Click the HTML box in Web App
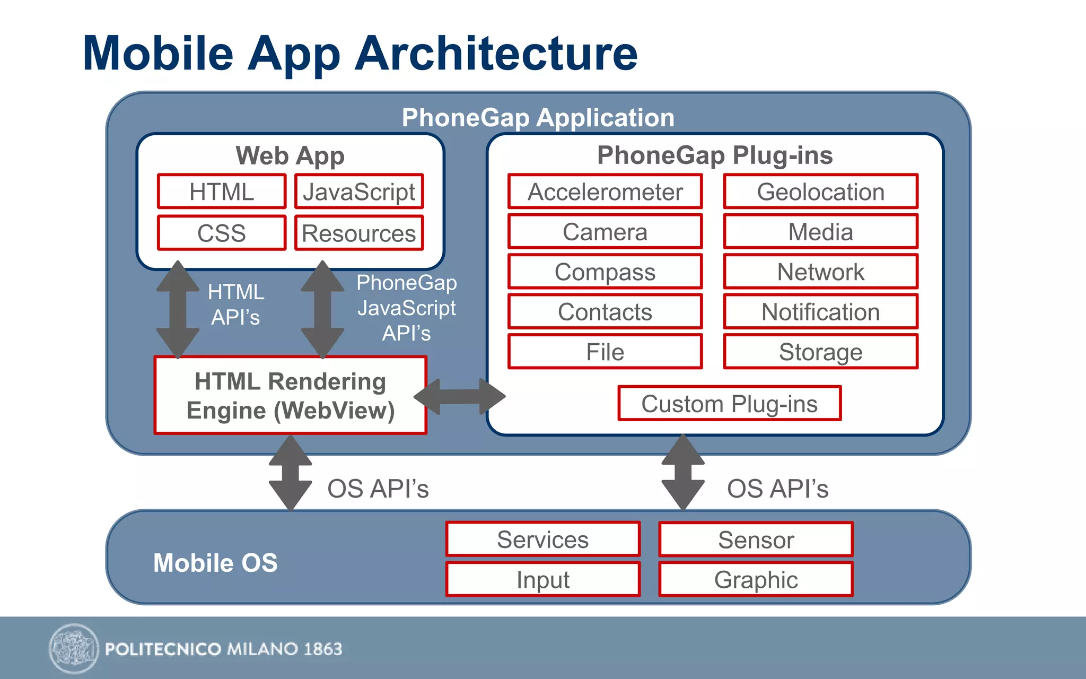(x=222, y=191)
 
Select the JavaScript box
(x=359, y=191)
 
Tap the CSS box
(x=222, y=233)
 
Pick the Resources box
(x=359, y=233)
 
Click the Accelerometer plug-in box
(x=605, y=191)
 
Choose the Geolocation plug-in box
(x=820, y=191)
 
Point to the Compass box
(x=605, y=272)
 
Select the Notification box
(x=820, y=312)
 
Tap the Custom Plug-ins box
(x=730, y=404)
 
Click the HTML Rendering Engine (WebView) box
(x=290, y=396)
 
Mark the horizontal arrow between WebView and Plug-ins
(x=459, y=396)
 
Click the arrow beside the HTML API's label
(x=178, y=309)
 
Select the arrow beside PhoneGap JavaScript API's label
(x=322, y=309)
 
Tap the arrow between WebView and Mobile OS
(x=290, y=473)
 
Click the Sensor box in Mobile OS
(x=756, y=539)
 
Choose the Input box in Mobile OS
(x=543, y=580)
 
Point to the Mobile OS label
(x=215, y=563)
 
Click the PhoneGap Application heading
(x=538, y=117)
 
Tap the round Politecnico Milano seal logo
(x=74, y=648)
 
